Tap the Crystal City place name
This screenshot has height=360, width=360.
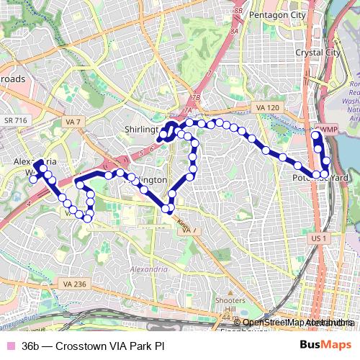[x=318, y=53]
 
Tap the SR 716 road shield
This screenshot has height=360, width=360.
[x=14, y=120]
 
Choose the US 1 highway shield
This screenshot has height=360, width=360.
[x=319, y=238]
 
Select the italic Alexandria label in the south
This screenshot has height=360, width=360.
[x=148, y=269]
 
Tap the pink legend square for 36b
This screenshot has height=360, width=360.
[x=9, y=346]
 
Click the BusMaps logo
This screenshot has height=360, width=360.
[x=325, y=346]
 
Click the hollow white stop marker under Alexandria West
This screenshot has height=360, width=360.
[x=33, y=180]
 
